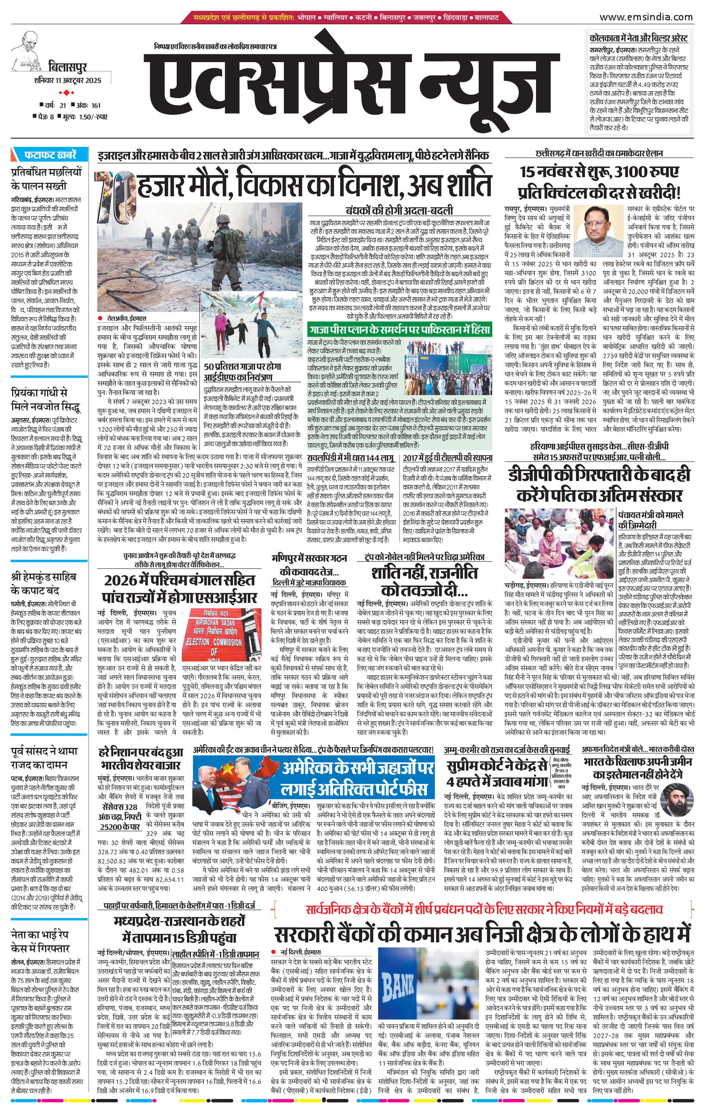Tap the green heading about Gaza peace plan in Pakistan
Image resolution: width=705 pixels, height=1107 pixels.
[399, 330]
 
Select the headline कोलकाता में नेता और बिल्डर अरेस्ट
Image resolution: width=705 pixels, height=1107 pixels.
[639, 38]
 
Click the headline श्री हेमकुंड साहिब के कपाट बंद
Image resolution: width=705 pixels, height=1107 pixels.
[44, 583]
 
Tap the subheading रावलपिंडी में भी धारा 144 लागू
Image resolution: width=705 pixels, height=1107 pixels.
[351, 458]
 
